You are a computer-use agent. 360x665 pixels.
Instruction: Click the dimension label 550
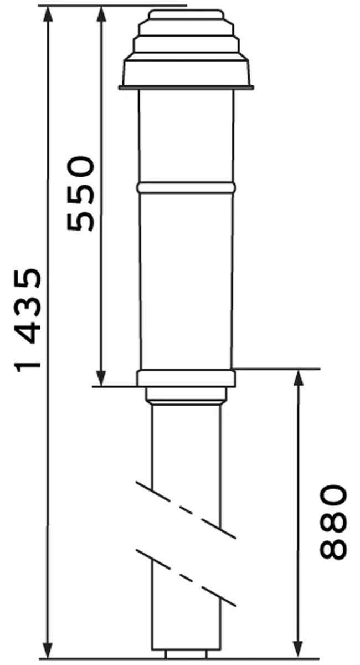point(81,193)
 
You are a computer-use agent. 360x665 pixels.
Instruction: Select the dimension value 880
point(333,521)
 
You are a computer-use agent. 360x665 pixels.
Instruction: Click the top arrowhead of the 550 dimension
point(101,13)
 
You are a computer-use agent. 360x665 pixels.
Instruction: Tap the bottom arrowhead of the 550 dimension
point(101,378)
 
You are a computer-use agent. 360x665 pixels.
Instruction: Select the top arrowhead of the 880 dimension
point(299,377)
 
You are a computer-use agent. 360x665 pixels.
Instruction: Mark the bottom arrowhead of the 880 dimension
point(299,651)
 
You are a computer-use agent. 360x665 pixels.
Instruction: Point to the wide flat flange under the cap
point(186,87)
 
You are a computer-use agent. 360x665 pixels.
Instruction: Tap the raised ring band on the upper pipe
point(186,188)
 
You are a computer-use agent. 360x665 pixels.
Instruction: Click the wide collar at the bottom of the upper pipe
point(186,378)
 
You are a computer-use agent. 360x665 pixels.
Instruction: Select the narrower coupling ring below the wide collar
point(186,395)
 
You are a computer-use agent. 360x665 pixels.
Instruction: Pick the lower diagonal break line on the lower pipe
point(186,578)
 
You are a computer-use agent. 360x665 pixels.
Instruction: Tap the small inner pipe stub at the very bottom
point(186,655)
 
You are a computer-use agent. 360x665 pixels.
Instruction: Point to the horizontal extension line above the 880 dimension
point(277,368)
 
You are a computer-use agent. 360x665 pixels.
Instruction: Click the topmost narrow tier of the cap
point(186,14)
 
